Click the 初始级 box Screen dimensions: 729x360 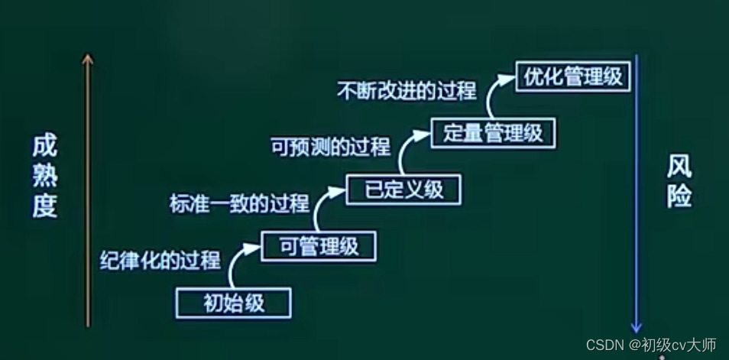[234, 303]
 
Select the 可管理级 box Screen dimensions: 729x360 [320, 246]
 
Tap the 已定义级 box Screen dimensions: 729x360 [403, 189]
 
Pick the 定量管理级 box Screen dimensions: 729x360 [493, 133]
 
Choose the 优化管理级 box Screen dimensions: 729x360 [574, 76]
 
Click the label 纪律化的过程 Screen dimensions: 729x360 [160, 261]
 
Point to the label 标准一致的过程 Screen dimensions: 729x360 [239, 203]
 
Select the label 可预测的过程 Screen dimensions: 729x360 [330, 147]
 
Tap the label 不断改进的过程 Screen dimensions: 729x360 [406, 91]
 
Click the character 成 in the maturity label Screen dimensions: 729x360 [45, 146]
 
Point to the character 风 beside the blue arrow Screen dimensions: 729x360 [679, 167]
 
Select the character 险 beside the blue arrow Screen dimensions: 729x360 [679, 196]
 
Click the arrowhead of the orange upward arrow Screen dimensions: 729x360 [89, 59]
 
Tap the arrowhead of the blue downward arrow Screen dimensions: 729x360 [637, 326]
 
